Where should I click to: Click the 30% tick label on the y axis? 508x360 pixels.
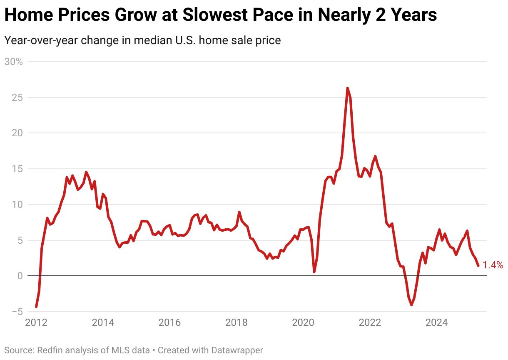(13, 62)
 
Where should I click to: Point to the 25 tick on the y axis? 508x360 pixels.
(18, 97)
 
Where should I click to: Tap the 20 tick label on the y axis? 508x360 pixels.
(18, 133)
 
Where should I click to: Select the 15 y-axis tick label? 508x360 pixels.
(18, 169)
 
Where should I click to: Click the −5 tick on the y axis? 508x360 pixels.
(16, 312)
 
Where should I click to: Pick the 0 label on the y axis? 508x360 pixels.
(20, 276)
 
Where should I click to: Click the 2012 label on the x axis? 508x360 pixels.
(36, 323)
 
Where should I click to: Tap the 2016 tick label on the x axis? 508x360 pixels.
(169, 323)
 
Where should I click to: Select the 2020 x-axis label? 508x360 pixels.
(303, 323)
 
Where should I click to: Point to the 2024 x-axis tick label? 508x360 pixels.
(436, 323)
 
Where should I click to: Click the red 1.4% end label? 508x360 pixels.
(493, 265)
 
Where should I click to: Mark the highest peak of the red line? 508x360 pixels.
(347, 88)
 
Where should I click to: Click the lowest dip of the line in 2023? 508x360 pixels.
(411, 305)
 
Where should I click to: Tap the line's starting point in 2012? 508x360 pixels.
(36, 307)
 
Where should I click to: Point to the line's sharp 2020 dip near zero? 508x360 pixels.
(314, 272)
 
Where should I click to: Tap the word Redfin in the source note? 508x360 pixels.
(50, 350)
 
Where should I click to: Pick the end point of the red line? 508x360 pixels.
(478, 265)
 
